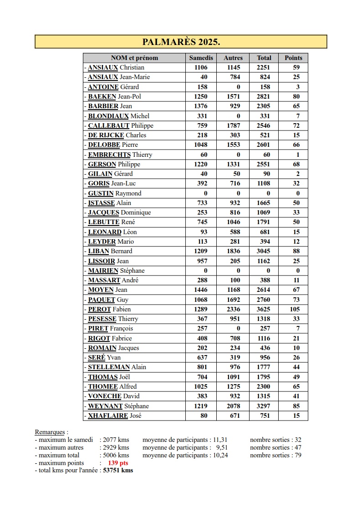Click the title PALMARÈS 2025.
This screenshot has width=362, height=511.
pos(181,42)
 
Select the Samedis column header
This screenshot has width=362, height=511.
pos(201,58)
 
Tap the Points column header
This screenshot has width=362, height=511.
pos(293,58)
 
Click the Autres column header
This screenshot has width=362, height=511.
pos(233,58)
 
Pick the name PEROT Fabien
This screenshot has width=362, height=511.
pos(109,309)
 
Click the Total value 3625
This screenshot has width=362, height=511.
pos(263,309)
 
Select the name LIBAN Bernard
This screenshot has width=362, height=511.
pos(110,251)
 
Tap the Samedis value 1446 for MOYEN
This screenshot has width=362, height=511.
pos(200,290)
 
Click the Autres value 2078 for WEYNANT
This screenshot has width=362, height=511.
pos(233,406)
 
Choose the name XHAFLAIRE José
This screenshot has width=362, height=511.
pos(114,416)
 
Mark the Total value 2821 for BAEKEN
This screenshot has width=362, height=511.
pos(263,96)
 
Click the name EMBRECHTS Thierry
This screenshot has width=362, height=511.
pos(120,155)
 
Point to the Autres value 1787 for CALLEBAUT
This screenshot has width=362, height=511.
pos(233,125)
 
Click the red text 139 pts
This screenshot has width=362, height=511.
pos(118,463)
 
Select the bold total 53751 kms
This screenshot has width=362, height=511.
pos(118,470)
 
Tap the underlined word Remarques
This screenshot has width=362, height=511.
pos(51,432)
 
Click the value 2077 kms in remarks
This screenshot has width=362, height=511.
pos(116,440)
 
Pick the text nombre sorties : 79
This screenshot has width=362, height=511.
pos(275,455)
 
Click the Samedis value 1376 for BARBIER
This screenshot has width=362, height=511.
pos(200,106)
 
